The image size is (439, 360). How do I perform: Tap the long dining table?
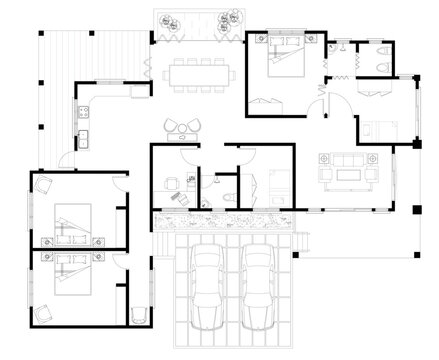point(193,73)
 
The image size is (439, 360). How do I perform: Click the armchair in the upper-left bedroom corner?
point(44,185)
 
